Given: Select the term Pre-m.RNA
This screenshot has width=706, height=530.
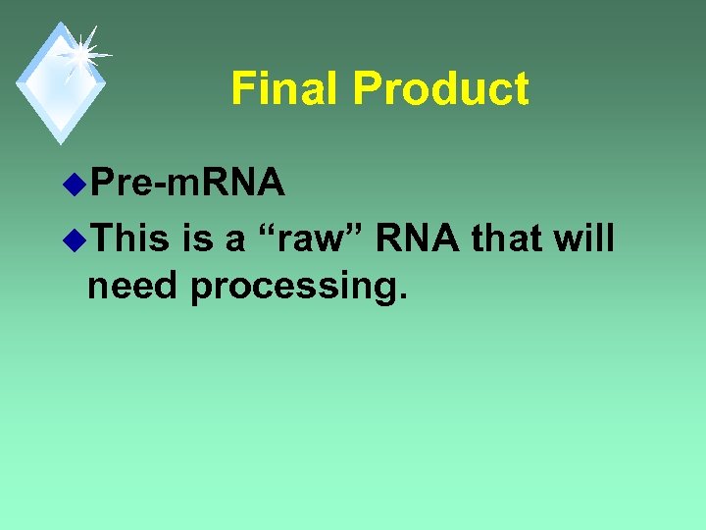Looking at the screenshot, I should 185,182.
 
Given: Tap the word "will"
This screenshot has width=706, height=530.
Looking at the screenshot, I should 584,237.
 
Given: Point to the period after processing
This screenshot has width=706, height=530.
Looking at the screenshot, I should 400,298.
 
